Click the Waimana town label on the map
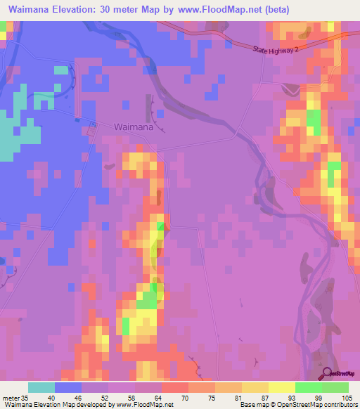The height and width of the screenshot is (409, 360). pos(133,127)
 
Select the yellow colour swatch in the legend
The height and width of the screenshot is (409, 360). pos(281,387)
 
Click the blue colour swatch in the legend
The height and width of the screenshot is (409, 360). pos(68,387)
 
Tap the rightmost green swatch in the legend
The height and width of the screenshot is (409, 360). pos(335,387)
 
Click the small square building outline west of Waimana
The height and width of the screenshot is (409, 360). pos(91,131)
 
